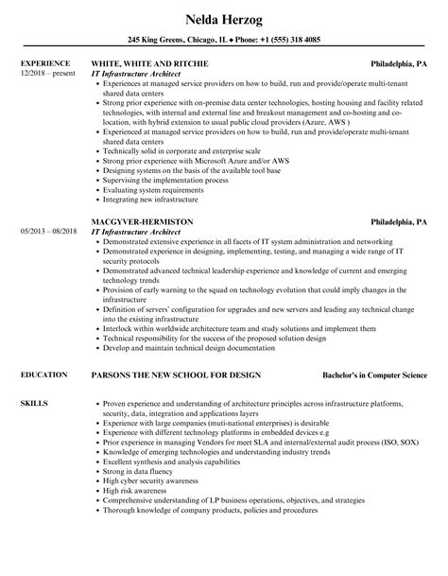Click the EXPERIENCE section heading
click(46, 64)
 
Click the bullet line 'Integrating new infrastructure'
click(154, 201)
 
